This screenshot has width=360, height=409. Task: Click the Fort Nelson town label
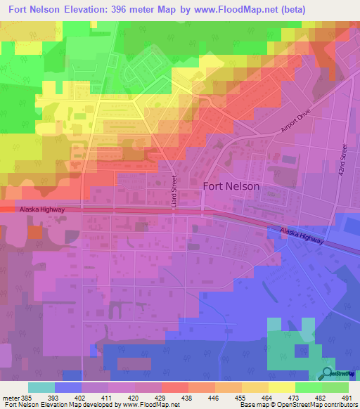(231, 187)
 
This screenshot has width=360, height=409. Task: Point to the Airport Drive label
(295, 121)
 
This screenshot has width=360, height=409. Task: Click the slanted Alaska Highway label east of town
(301, 235)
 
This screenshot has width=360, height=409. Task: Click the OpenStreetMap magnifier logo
(328, 373)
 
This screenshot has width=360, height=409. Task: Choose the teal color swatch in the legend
(41, 387)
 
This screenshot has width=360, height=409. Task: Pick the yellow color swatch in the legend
(281, 387)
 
